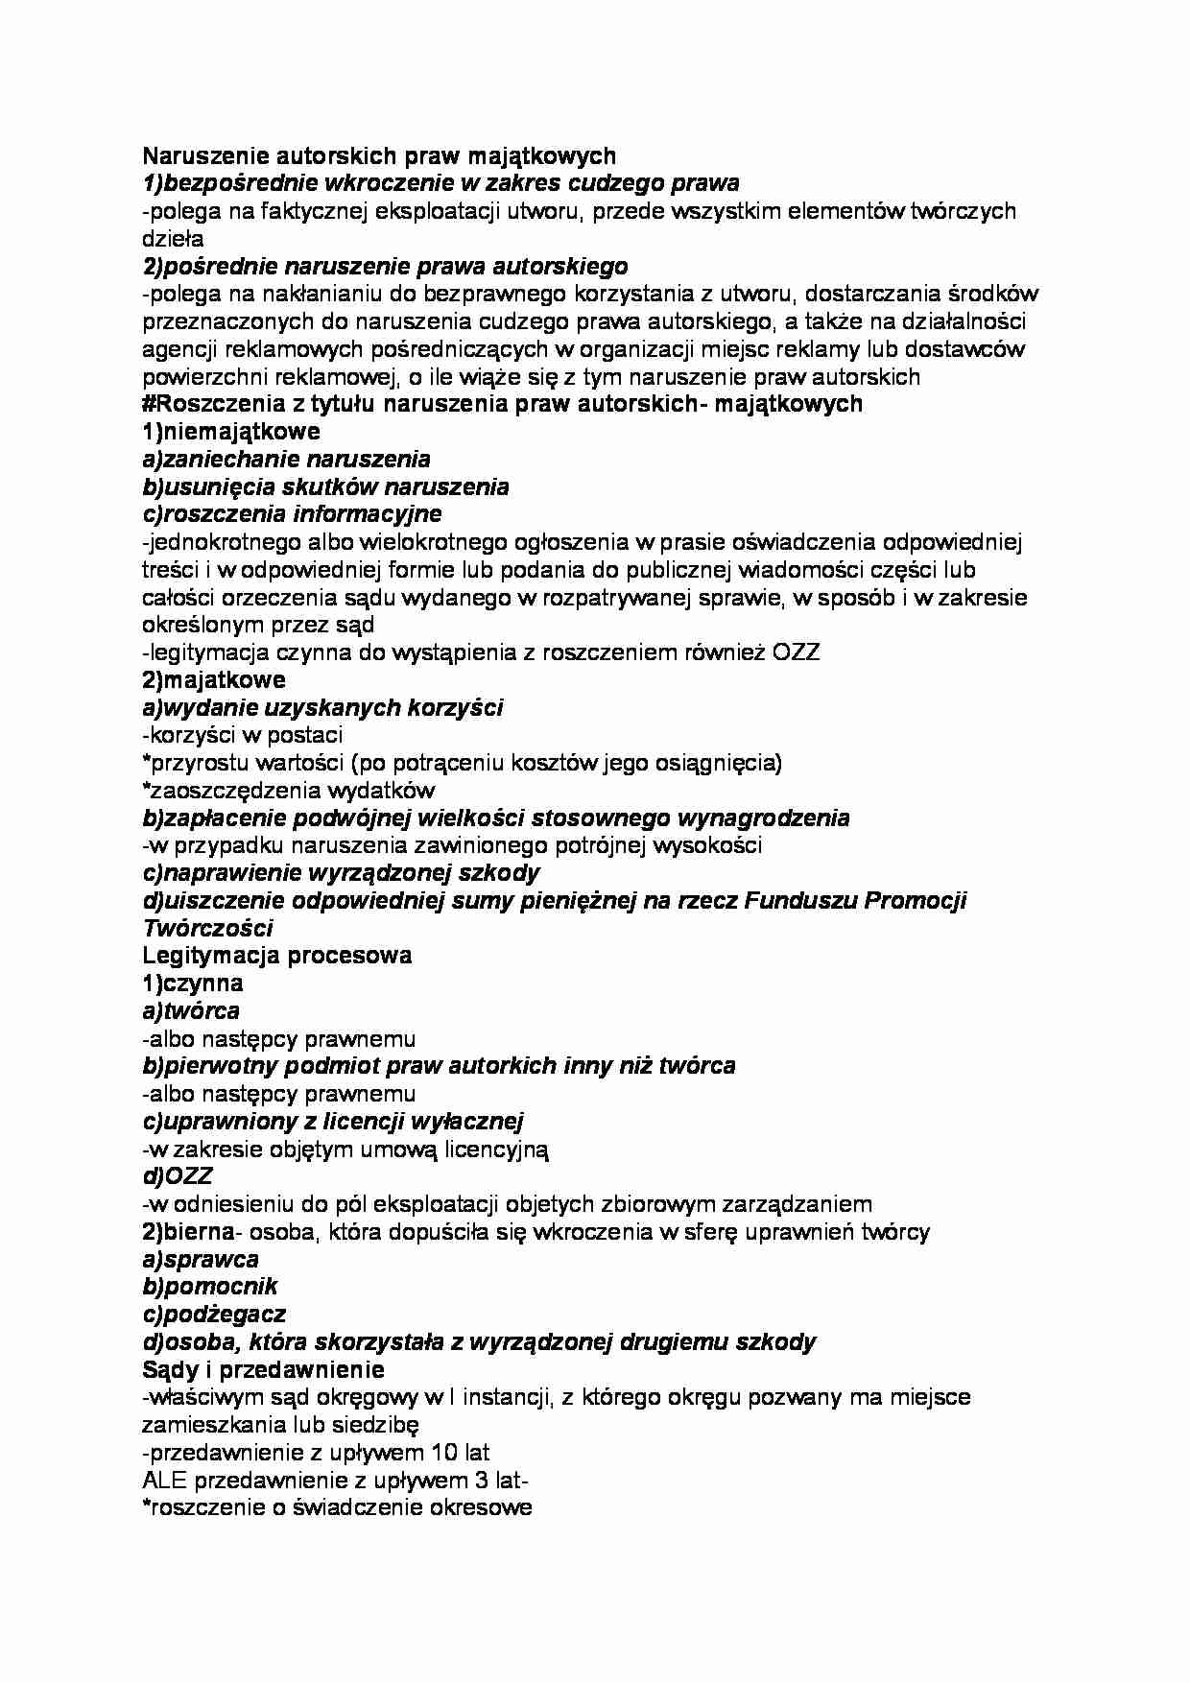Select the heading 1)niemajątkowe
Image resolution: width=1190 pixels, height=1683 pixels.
231,432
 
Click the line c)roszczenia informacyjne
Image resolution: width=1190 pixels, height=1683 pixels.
292,514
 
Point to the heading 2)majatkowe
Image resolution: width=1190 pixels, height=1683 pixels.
213,680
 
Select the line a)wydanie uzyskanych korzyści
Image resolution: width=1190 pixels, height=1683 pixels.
322,708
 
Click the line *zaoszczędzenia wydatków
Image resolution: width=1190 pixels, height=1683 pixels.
288,791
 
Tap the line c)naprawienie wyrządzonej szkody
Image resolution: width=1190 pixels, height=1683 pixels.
341,873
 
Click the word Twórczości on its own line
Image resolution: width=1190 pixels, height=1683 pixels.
207,928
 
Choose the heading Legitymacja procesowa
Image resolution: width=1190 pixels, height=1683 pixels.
277,956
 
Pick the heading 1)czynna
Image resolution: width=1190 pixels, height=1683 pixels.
192,984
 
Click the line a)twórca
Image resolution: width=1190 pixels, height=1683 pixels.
191,1011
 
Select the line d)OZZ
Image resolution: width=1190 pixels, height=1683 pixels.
178,1176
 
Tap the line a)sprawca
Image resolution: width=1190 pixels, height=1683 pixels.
201,1260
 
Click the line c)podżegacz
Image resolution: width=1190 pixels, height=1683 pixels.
214,1315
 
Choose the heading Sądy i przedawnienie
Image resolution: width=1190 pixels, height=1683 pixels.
263,1369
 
